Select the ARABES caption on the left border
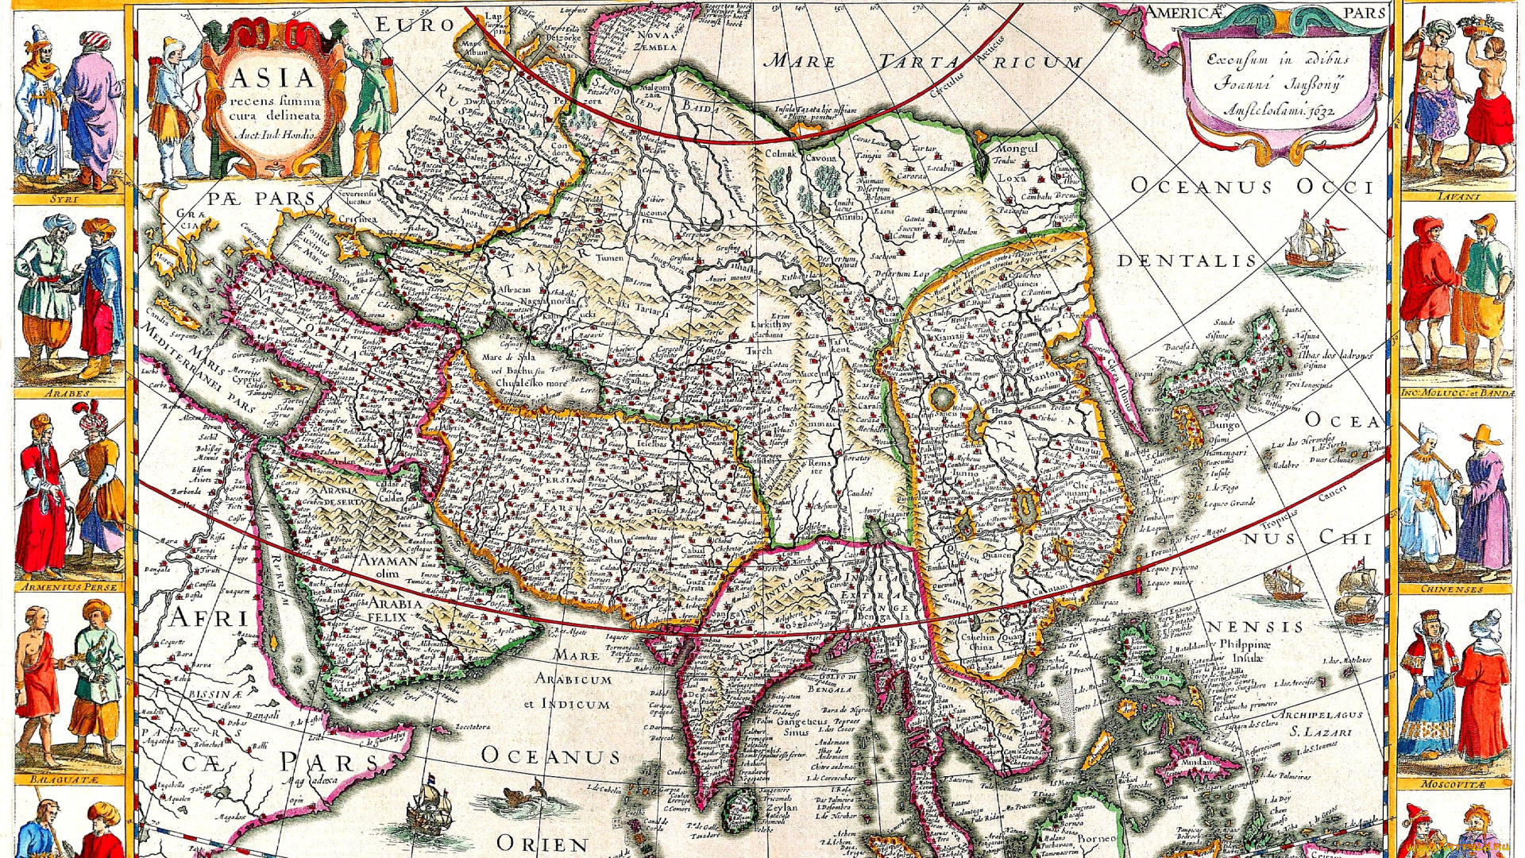point(67,393)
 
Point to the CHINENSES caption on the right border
point(1453,589)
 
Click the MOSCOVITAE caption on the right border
point(1453,784)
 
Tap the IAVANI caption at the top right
point(1458,195)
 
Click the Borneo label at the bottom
point(1096,838)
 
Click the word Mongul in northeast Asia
point(1017,149)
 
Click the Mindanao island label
point(1199,761)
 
